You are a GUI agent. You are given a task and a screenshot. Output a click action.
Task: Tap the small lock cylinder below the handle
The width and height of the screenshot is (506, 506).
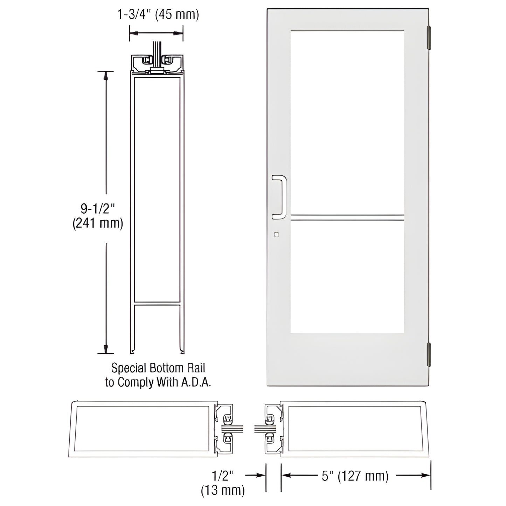277,234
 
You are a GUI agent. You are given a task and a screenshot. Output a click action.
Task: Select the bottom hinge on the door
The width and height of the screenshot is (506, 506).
428,354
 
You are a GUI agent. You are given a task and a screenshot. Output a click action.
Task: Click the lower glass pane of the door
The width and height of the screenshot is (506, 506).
347,277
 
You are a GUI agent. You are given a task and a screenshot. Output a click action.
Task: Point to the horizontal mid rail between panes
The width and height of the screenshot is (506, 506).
347,217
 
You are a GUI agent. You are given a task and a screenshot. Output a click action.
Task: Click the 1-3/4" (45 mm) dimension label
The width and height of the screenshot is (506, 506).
158,15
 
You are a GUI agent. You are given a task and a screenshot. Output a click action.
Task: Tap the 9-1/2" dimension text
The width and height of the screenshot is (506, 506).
98,209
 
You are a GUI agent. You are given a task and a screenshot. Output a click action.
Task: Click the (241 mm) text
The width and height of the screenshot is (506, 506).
98,223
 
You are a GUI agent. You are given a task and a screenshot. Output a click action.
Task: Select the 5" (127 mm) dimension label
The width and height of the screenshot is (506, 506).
355,476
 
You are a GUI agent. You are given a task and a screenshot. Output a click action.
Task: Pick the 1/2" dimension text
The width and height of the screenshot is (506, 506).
223,476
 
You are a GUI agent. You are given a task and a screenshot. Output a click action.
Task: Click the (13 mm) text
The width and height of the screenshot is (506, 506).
223,490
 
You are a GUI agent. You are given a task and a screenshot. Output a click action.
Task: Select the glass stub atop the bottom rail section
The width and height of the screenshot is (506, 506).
157,53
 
